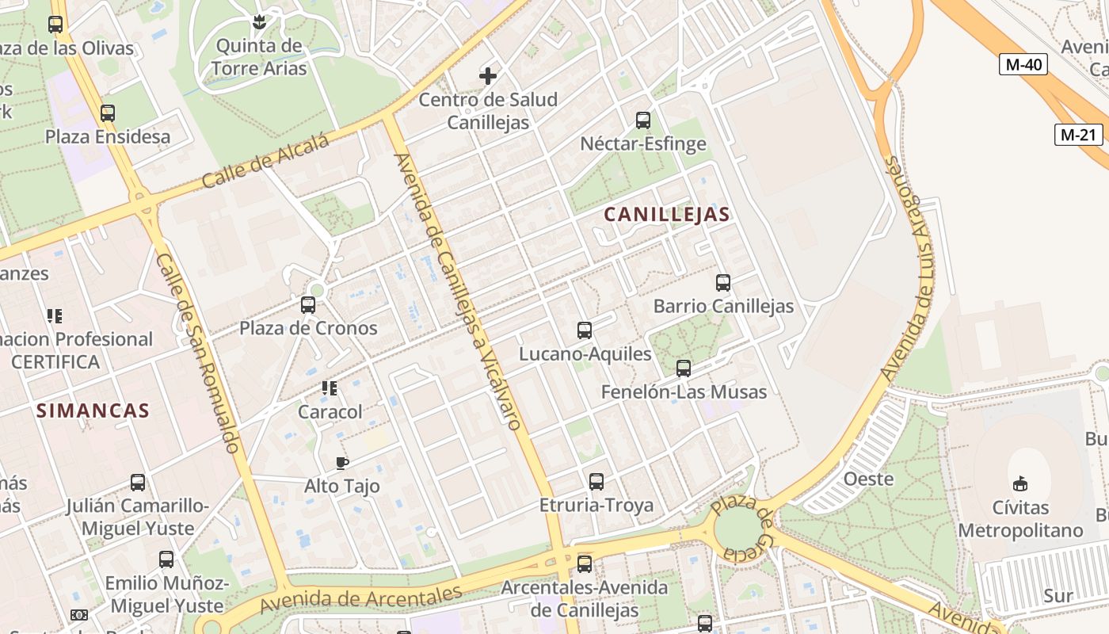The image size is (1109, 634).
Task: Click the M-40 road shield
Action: click(x=1023, y=64)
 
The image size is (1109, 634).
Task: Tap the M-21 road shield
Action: click(x=1079, y=135)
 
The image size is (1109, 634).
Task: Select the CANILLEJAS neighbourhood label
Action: click(x=667, y=214)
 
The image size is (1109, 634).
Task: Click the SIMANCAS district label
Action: click(x=93, y=411)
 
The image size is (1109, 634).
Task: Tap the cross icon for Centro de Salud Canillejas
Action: click(x=488, y=76)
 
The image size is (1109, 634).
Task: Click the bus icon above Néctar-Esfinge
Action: click(x=643, y=120)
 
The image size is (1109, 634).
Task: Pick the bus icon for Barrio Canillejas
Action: click(x=722, y=283)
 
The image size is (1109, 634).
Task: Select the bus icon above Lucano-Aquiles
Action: click(x=585, y=330)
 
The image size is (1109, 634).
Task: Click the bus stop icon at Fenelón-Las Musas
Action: click(x=684, y=369)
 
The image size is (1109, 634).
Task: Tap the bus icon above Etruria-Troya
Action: click(x=596, y=482)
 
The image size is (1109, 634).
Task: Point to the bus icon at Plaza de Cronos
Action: click(x=308, y=304)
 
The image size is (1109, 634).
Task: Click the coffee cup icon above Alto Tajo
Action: click(x=342, y=463)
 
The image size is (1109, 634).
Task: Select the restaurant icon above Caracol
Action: click(x=330, y=388)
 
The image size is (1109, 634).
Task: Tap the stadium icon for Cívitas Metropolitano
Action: click(x=1020, y=483)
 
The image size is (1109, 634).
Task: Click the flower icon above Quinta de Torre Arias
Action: click(x=258, y=21)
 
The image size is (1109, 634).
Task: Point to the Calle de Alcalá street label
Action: click(x=265, y=162)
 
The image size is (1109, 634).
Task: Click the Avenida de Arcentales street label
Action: click(x=360, y=600)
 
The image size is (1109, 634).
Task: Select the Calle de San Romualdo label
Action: click(x=198, y=353)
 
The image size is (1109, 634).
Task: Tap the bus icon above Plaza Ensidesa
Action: click(x=108, y=113)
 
